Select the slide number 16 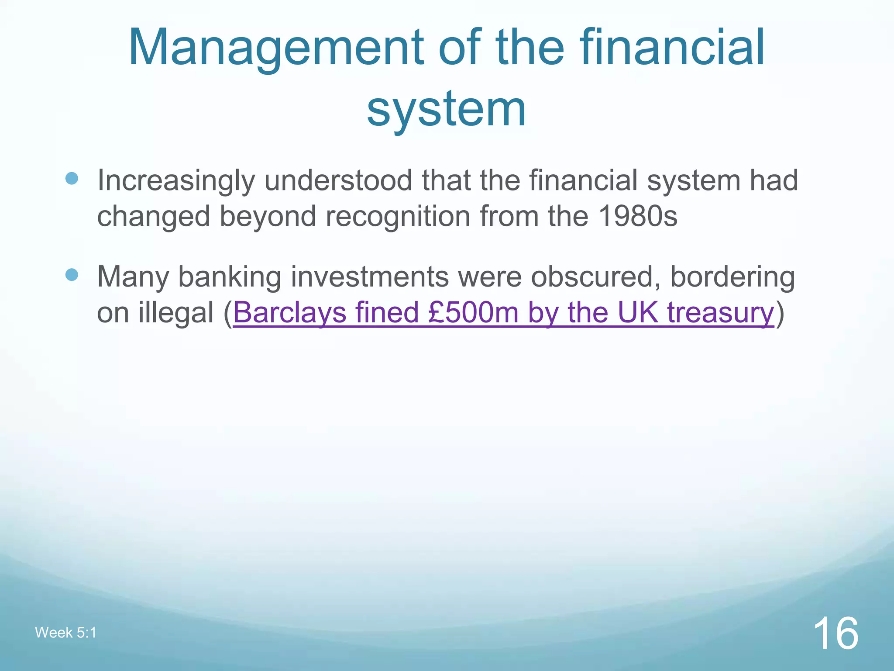coord(836,633)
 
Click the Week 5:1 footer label coord(65,633)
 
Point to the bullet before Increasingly coord(72,178)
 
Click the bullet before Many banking coord(72,275)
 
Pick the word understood coord(338,180)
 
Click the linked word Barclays coord(289,313)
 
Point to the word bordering coord(732,277)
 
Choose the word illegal coord(176,313)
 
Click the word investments coord(370,277)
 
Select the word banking coord(230,277)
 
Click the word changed coord(153,217)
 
